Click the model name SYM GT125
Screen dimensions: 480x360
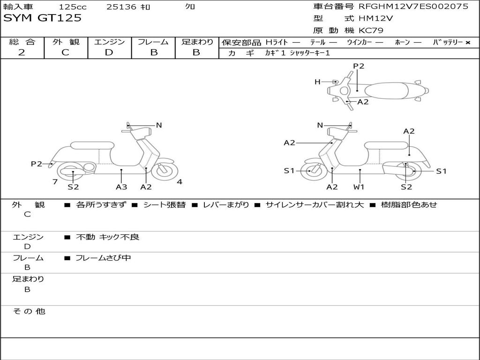[x=43, y=18]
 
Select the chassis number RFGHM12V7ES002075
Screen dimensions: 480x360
[x=413, y=7]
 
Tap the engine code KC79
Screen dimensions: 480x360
[x=371, y=30]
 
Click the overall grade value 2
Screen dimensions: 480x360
[x=22, y=52]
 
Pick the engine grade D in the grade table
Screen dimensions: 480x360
[x=109, y=52]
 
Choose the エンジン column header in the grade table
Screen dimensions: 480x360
[x=109, y=42]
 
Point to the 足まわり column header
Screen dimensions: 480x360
[x=197, y=42]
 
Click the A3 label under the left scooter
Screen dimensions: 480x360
[x=121, y=187]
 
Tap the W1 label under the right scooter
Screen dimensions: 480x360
[x=359, y=187]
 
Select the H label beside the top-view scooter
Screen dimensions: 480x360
[x=317, y=82]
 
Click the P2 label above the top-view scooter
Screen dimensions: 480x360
[x=359, y=66]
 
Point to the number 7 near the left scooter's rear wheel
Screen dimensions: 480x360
[x=55, y=182]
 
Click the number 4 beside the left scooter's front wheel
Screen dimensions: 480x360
[x=180, y=182]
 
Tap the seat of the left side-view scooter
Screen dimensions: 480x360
[x=92, y=145]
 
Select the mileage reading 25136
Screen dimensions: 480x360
[x=121, y=7]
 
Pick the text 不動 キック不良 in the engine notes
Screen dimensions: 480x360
[x=107, y=237]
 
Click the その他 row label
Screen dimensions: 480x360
[x=29, y=311]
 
